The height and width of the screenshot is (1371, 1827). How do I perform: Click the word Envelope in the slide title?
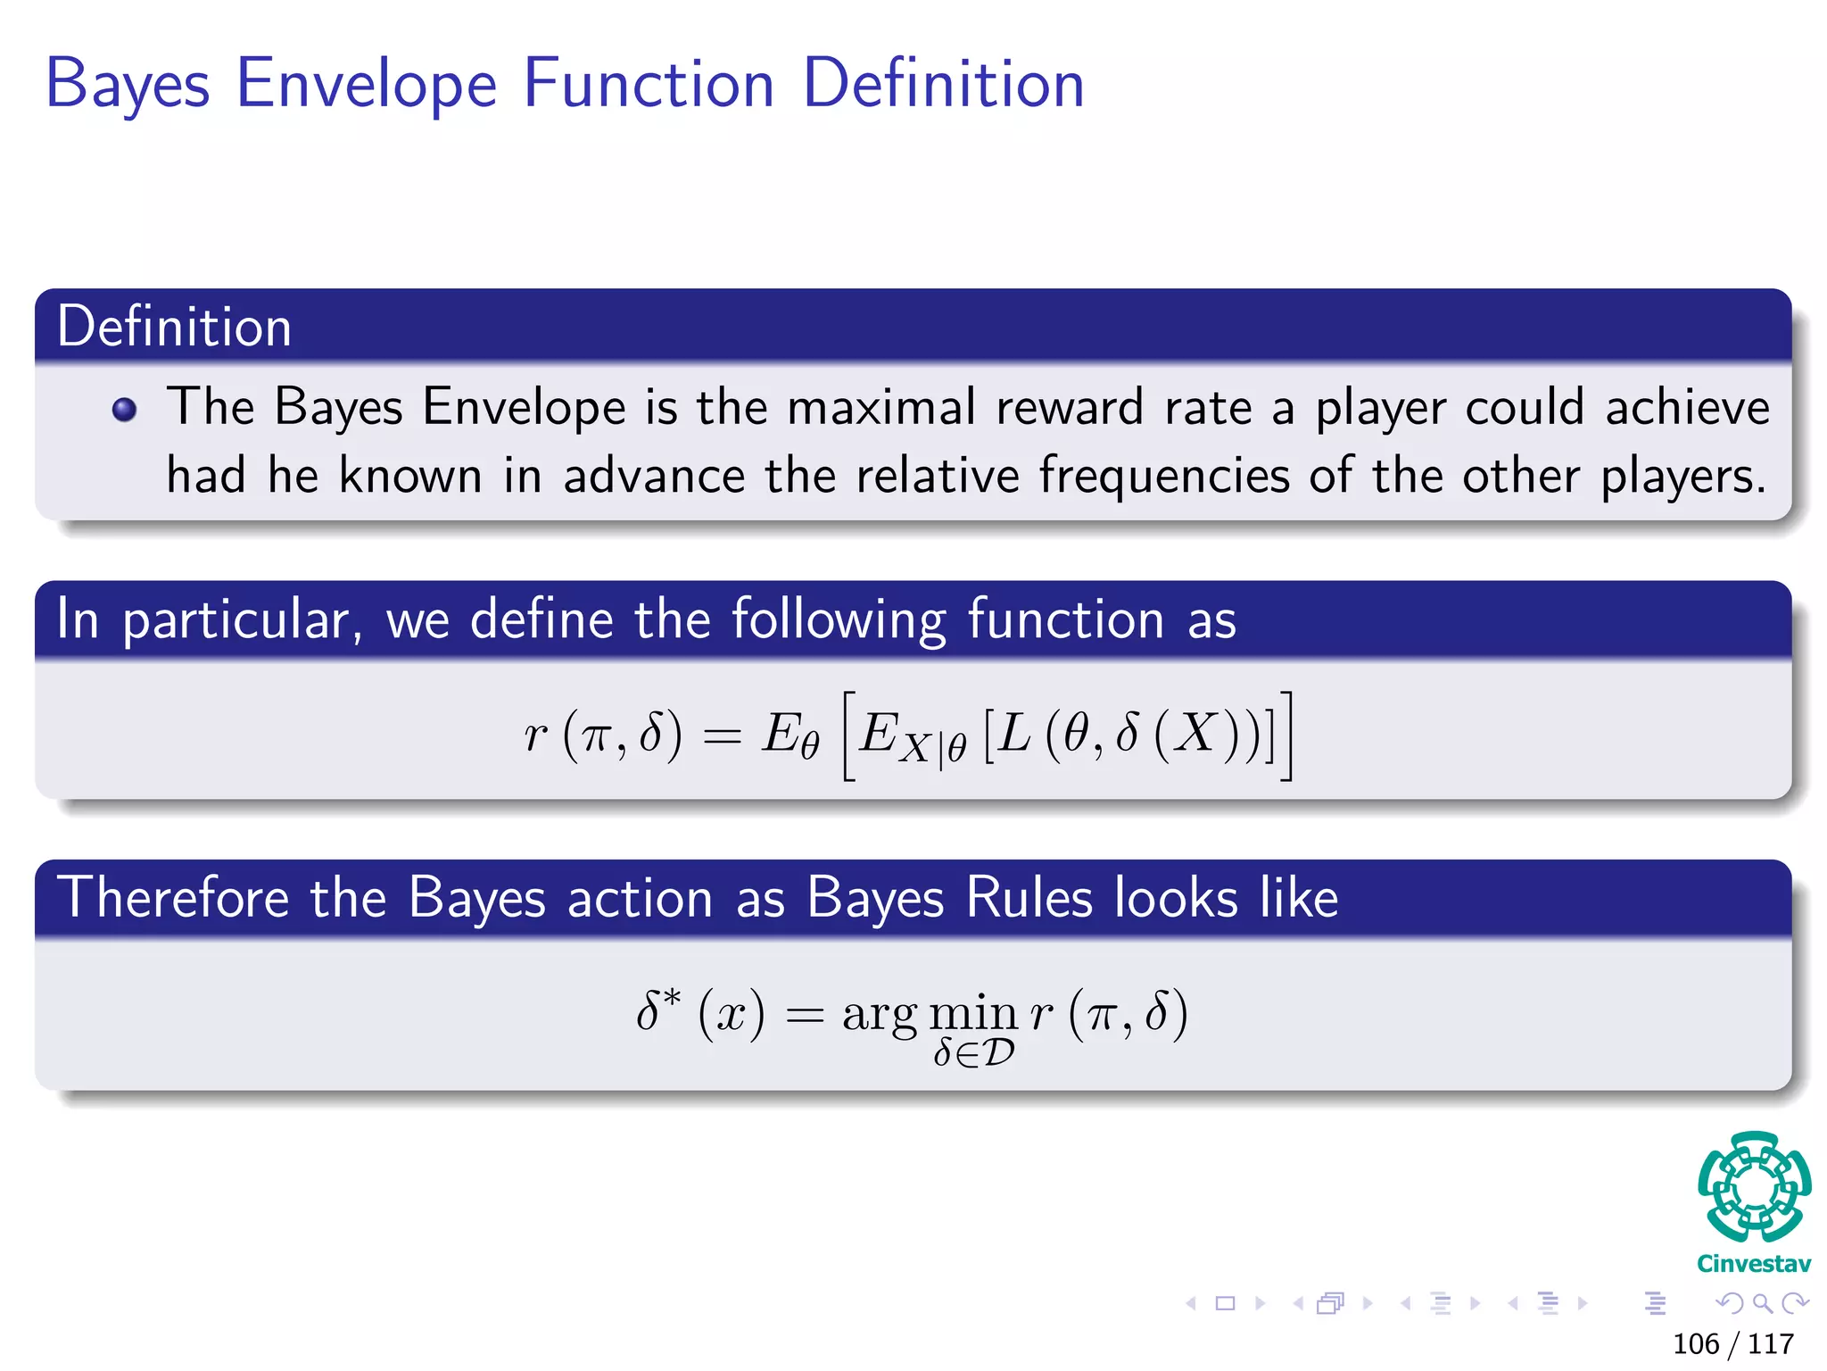[x=366, y=85]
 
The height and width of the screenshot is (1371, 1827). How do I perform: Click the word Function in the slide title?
[x=649, y=85]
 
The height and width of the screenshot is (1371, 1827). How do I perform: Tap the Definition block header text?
[x=174, y=327]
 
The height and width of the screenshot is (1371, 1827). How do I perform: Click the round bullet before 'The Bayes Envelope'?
[x=124, y=410]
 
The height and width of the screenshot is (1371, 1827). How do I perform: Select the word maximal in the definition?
[x=881, y=408]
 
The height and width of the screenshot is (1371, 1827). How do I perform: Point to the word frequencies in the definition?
[x=1163, y=476]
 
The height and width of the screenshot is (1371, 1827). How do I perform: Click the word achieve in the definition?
[x=1687, y=408]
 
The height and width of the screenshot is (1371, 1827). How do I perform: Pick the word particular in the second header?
[x=241, y=620]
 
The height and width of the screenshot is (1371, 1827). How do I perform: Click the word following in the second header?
[x=839, y=620]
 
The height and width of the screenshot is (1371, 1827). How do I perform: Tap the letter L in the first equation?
[x=1014, y=735]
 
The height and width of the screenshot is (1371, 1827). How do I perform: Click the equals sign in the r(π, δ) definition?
[x=722, y=737]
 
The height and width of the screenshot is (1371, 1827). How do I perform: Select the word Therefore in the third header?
[x=173, y=898]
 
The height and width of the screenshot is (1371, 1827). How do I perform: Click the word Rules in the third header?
[x=1029, y=898]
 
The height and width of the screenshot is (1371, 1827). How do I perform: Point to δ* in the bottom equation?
[x=658, y=1010]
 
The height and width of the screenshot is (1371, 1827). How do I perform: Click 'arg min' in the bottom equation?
[x=929, y=1015]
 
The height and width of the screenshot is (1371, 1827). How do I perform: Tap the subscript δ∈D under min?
[x=973, y=1054]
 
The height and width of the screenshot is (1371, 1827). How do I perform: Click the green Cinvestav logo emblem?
[x=1754, y=1186]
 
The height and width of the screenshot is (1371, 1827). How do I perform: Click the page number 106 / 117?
[x=1732, y=1343]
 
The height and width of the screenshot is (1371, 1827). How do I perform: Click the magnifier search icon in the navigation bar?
[x=1762, y=1304]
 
